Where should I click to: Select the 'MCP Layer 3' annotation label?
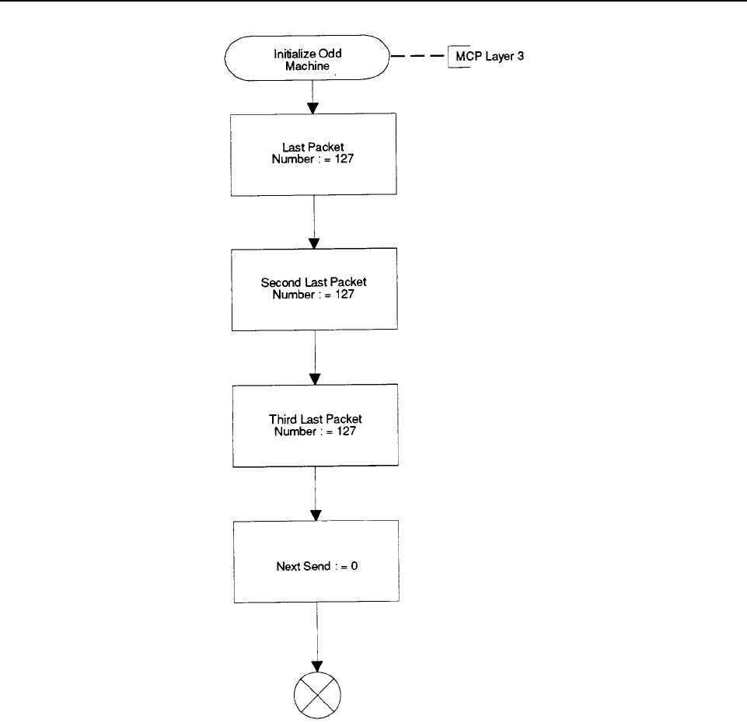click(x=489, y=56)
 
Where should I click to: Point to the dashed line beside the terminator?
click(x=417, y=56)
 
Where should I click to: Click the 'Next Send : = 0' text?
click(x=317, y=566)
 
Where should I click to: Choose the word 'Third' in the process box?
click(x=283, y=419)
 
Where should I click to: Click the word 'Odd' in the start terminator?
click(x=330, y=54)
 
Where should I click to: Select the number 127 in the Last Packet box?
click(x=344, y=159)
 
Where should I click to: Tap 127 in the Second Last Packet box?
click(x=344, y=294)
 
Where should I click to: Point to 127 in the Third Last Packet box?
click(x=346, y=431)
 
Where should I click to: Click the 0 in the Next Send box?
click(x=354, y=566)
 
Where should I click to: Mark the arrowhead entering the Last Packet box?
click(x=312, y=108)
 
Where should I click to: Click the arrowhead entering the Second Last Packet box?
click(x=314, y=243)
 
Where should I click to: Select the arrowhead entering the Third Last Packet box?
click(x=315, y=379)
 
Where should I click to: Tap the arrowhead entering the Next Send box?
click(x=316, y=515)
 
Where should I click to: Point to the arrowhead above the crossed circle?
click(x=317, y=666)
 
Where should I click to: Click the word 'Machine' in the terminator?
click(x=307, y=66)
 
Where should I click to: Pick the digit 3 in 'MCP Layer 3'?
click(x=521, y=56)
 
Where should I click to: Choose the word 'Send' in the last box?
click(x=317, y=566)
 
